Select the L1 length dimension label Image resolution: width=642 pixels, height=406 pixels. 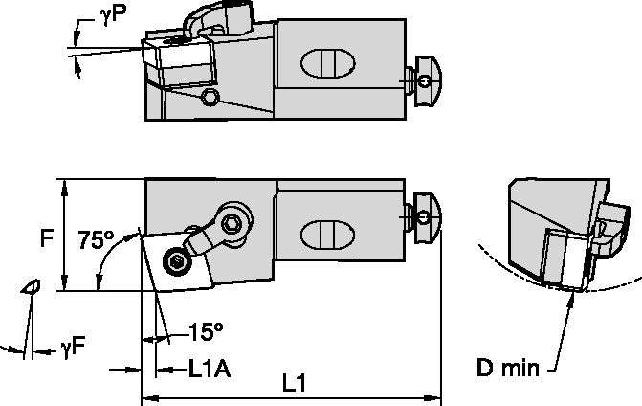coord(296,382)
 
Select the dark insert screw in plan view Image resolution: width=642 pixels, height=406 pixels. coord(175,262)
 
